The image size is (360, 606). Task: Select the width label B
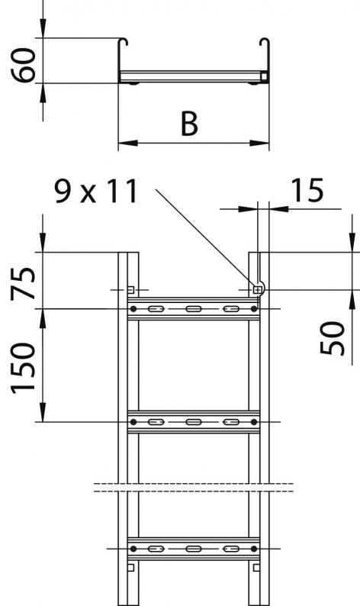pos(189,124)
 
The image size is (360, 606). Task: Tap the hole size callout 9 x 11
pos(97,192)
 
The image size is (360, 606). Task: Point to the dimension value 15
pos(307,191)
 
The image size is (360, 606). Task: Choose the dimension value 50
pos(333,338)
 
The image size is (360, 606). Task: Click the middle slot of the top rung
pos(192,309)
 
